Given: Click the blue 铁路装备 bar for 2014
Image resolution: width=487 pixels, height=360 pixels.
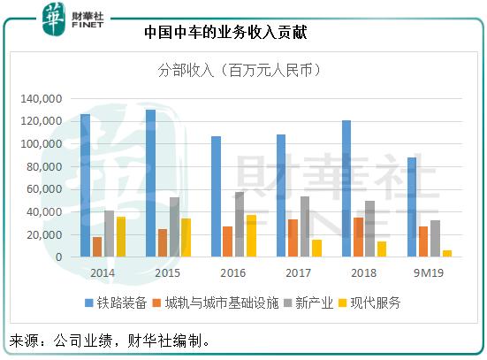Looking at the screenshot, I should [85, 186].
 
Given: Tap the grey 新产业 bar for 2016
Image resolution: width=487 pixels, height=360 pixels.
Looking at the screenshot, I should [239, 225].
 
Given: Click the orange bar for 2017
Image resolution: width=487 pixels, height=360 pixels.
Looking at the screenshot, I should [293, 238].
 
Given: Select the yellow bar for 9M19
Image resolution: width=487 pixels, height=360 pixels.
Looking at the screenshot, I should [447, 254].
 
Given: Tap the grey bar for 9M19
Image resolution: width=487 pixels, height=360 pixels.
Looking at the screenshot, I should [435, 239].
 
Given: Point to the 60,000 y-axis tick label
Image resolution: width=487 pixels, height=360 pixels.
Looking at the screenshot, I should [45, 189].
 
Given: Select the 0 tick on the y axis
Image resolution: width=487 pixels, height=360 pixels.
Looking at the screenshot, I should [58, 257].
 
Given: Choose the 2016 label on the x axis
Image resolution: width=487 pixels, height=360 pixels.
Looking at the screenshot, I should [232, 272].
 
